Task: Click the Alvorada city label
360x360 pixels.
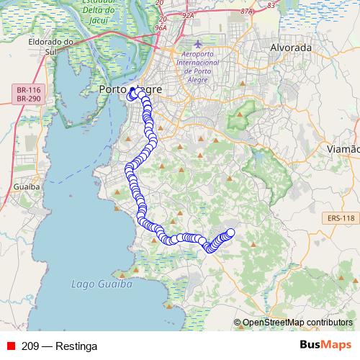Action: coord(290,48)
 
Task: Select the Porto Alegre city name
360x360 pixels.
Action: coord(130,89)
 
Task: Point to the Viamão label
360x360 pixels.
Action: coord(343,148)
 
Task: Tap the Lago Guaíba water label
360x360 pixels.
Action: coord(102,284)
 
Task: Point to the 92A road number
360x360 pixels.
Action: coord(189,14)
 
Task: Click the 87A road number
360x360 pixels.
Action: coord(247,12)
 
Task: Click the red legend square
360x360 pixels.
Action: coord(11,346)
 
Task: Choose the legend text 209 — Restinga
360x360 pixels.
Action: coord(59,346)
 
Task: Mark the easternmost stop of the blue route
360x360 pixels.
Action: coord(231,232)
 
